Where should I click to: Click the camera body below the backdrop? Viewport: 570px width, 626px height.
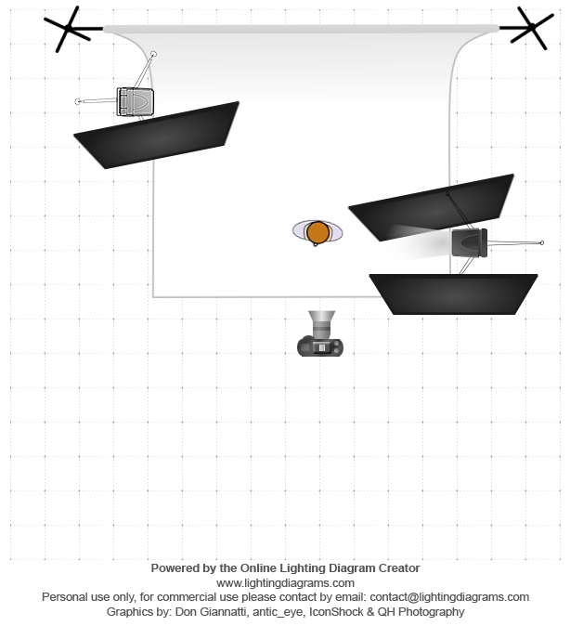tap(320, 346)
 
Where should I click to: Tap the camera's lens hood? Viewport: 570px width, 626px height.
tap(321, 317)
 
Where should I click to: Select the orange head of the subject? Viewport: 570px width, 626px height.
tap(317, 232)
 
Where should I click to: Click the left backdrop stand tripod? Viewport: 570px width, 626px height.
tap(68, 28)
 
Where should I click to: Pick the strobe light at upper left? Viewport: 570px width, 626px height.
tap(135, 102)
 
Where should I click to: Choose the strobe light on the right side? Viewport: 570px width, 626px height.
tap(470, 242)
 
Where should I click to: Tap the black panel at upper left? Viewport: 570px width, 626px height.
tap(157, 135)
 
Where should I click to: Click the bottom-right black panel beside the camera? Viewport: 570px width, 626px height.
tap(453, 294)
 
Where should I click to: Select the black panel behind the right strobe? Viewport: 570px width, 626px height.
tap(431, 208)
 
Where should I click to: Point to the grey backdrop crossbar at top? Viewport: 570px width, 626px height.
tap(302, 29)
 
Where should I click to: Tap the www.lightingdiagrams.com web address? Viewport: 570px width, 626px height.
tap(285, 583)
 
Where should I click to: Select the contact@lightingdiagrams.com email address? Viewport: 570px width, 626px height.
tap(449, 597)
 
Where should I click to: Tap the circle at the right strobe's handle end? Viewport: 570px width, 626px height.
tap(541, 242)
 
